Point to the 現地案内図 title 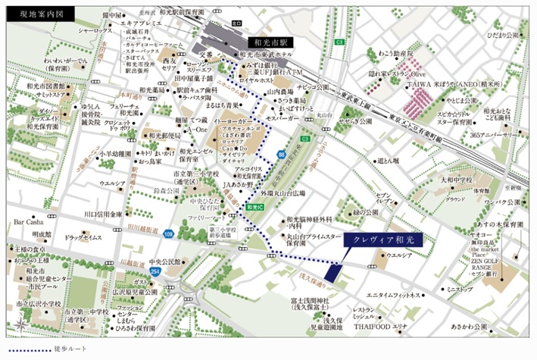[31, 14]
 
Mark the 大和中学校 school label [454, 180]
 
